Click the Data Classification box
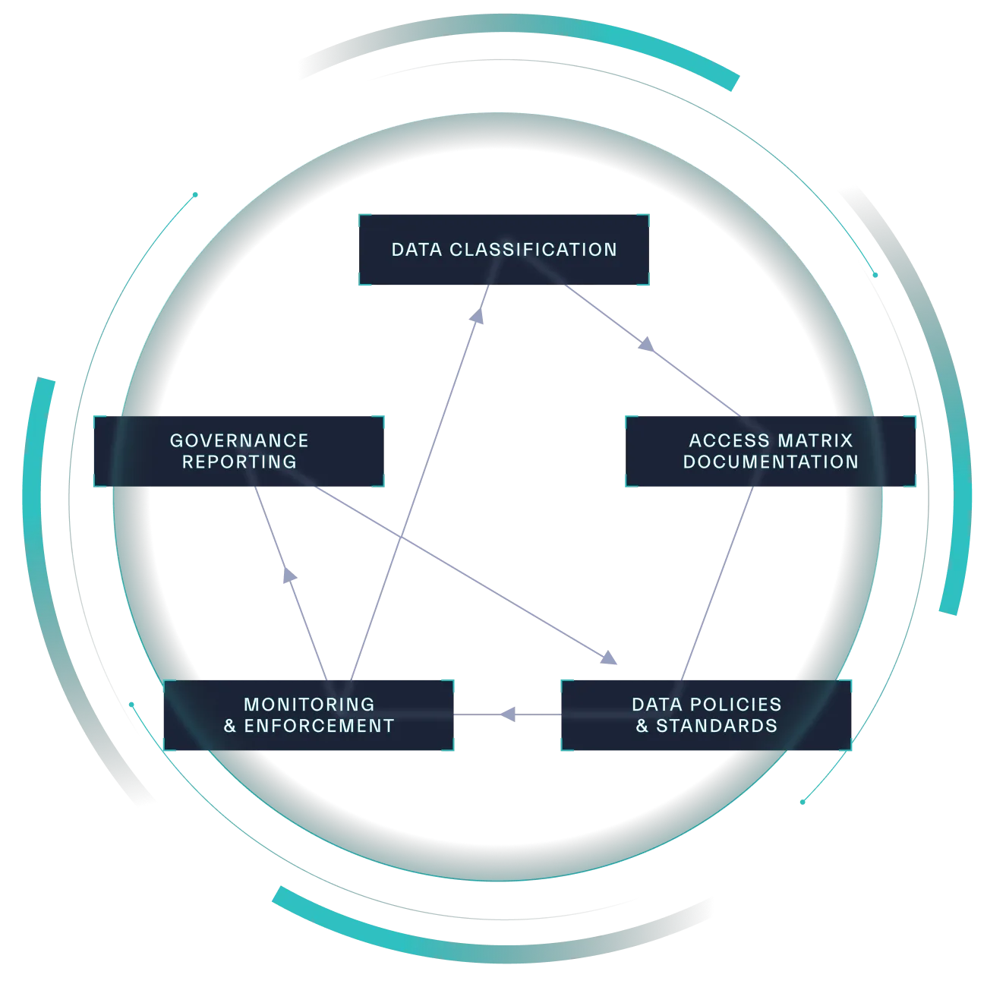coord(504,249)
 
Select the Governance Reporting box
coord(239,450)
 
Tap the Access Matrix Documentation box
coord(770,450)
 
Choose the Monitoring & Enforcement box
coord(309,714)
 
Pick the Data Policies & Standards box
coord(706,714)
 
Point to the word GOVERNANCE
coord(239,440)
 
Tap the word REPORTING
coord(239,461)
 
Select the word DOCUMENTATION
coord(771,461)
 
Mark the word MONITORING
coord(309,705)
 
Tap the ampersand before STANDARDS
coord(642,726)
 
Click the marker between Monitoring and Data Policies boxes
coord(510,713)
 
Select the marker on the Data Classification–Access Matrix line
coord(645,345)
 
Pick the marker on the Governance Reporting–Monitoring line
coord(288,579)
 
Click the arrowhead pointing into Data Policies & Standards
coord(609,661)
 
